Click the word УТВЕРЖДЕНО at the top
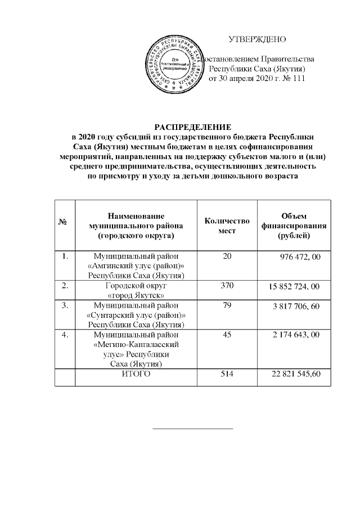257,39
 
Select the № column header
64,223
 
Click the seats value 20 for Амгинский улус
227,256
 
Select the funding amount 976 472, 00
300,257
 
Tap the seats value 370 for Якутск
227,286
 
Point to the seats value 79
227,305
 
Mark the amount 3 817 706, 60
296,306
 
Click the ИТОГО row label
136,375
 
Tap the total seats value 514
227,375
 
